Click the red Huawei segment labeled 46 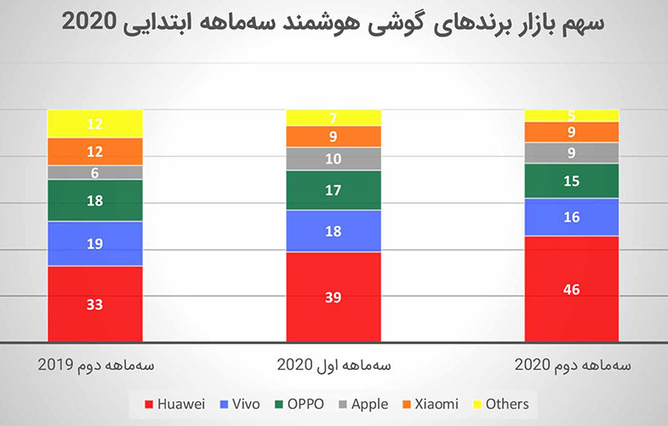(x=571, y=290)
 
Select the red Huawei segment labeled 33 (x=94, y=304)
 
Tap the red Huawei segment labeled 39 (x=333, y=296)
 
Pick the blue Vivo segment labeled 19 (x=94, y=244)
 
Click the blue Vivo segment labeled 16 (x=571, y=217)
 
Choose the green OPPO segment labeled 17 (x=333, y=190)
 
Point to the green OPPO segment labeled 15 (x=571, y=181)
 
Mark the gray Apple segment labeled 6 (x=94, y=172)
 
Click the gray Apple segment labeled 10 (x=333, y=158)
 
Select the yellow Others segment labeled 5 (x=571, y=115)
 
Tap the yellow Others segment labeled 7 (x=333, y=117)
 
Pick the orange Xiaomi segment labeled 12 (x=94, y=151)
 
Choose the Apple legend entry (x=363, y=404)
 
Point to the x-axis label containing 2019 (x=95, y=365)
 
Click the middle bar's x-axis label (x=334, y=365)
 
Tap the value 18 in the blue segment (x=333, y=231)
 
